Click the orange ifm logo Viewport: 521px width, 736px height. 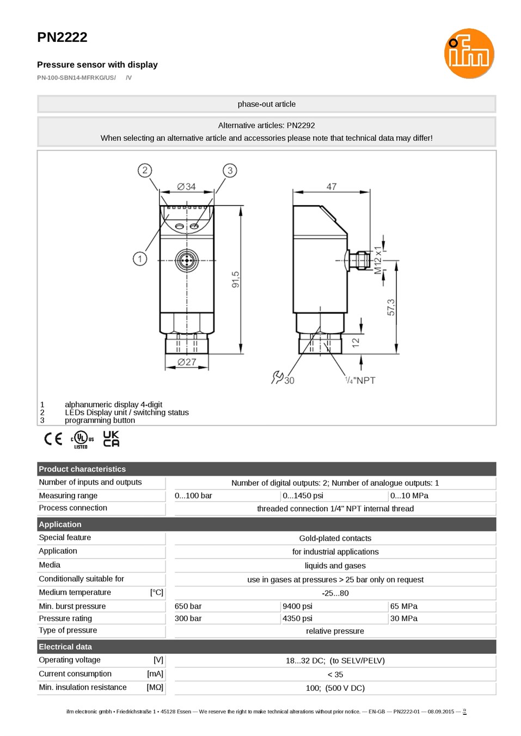point(469,53)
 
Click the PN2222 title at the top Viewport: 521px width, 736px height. point(63,37)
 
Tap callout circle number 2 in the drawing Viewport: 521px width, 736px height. point(145,170)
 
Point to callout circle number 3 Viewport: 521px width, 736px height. point(230,170)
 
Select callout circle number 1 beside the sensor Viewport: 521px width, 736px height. point(140,259)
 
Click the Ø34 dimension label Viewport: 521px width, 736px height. point(186,187)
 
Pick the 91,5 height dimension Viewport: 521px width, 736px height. point(236,279)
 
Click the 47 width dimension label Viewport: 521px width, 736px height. point(332,187)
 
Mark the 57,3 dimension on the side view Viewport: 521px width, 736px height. point(391,307)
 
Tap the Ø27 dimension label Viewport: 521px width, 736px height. point(187,362)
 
